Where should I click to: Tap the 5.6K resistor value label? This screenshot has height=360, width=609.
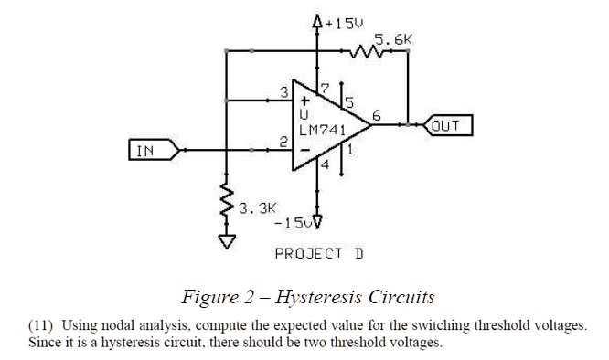pyautogui.click(x=394, y=40)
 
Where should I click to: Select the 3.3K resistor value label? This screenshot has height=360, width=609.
pyautogui.click(x=256, y=208)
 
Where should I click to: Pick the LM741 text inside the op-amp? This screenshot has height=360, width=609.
pyautogui.click(x=322, y=130)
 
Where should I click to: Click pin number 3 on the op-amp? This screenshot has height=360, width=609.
pyautogui.click(x=284, y=90)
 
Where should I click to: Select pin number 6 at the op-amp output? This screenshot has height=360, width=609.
pyautogui.click(x=375, y=115)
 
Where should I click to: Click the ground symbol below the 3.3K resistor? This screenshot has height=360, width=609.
pyautogui.click(x=226, y=241)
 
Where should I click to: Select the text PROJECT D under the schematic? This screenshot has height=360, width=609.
pyautogui.click(x=319, y=252)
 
